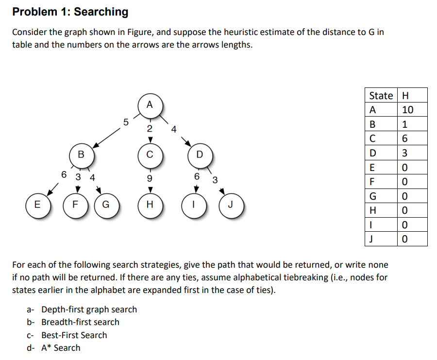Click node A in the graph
[150, 104]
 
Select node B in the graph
[81, 155]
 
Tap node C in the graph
[150, 155]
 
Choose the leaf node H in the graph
[150, 205]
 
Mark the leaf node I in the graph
[194, 205]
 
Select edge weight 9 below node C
[150, 178]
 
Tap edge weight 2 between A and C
[150, 129]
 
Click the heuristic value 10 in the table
[408, 110]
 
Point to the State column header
[381, 96]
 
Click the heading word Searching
[101, 12]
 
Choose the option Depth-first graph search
[89, 309]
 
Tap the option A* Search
[61, 348]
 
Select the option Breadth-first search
[80, 322]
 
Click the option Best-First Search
[74, 335]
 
